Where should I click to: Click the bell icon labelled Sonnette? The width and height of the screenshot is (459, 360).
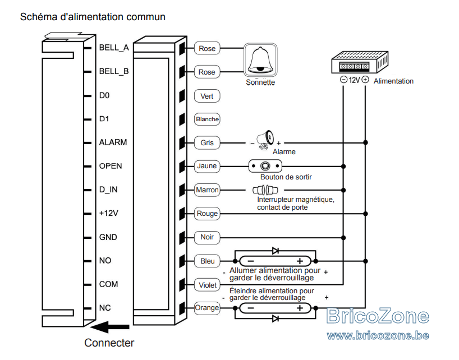pos(260,60)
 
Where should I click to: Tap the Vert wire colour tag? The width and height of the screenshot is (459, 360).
pos(207,96)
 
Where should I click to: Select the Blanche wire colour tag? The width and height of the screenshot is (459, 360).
pos(207,119)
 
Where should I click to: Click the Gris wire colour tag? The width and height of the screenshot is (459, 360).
pos(207,143)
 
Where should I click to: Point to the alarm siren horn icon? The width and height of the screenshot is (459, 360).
pos(265,140)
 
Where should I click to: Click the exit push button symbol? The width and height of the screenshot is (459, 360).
pos(265,167)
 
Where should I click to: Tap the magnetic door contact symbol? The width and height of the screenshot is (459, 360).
pos(265,190)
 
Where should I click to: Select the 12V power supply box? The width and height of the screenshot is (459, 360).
pos(360,62)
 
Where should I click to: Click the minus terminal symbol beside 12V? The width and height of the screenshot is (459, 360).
pos(343,80)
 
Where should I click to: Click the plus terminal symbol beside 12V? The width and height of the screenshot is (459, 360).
pos(365,80)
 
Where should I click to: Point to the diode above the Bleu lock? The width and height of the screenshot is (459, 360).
pos(276,251)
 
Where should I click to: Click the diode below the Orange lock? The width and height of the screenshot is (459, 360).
pos(276,319)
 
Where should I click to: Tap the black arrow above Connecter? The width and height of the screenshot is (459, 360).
pos(109,327)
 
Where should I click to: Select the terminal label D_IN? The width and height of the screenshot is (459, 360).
pos(108,190)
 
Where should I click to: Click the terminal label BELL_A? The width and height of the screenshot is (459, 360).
pos(114,48)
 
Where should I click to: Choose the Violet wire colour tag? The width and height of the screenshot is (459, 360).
pos(208,285)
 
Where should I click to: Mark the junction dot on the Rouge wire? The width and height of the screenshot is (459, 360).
pos(365,214)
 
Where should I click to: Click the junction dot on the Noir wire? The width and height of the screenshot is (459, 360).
pos(343,238)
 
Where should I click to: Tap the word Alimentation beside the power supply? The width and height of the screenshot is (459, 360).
pos(393,81)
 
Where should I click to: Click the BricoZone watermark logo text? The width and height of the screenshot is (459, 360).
pos(378,316)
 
